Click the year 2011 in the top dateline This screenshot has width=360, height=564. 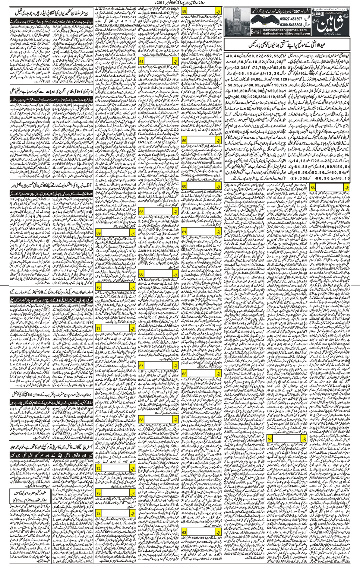168,3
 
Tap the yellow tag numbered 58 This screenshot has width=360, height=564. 184,12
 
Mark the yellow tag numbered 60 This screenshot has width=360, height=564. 184,186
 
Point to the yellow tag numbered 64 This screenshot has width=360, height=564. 142,61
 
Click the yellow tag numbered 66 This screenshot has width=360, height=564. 142,274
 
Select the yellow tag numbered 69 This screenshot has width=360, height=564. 99,233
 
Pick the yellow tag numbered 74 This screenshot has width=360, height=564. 99,513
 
